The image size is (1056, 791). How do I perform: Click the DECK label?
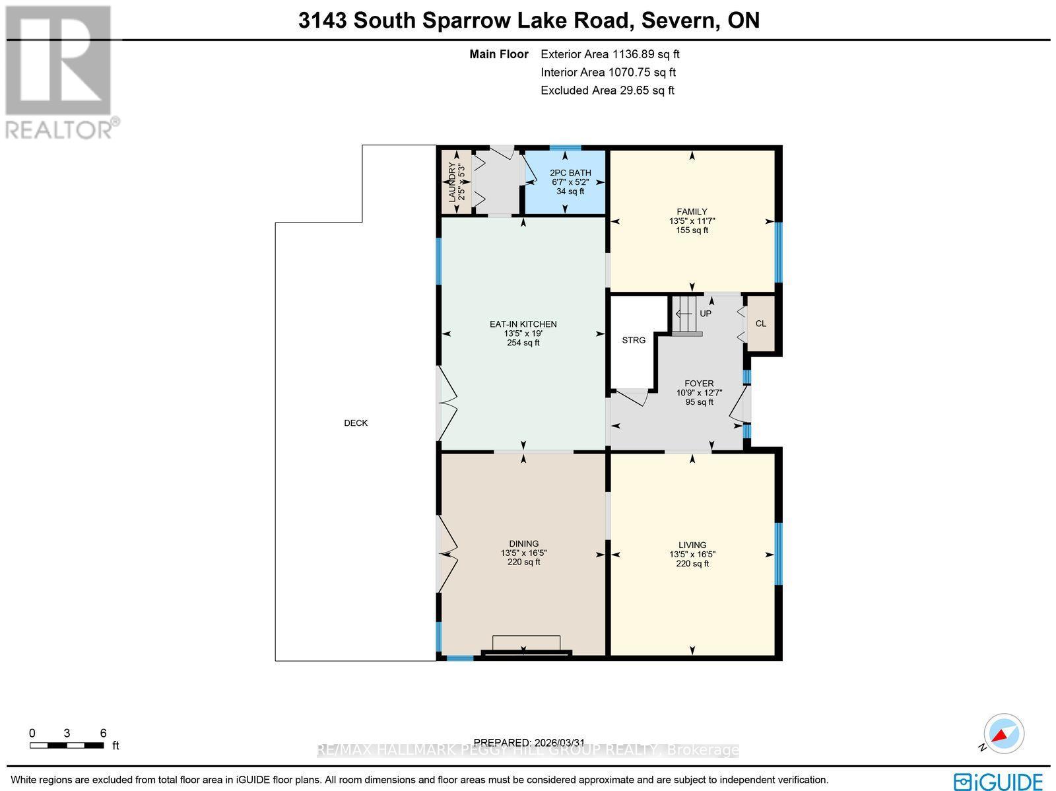pyautogui.click(x=356, y=423)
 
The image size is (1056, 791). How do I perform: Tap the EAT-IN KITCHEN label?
pyautogui.click(x=523, y=324)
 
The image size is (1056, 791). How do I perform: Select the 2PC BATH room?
pyautogui.click(x=566, y=182)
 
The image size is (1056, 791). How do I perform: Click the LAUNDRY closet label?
pyautogui.click(x=456, y=182)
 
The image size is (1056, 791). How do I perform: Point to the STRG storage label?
pyautogui.click(x=634, y=340)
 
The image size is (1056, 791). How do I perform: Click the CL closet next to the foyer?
pyautogui.click(x=760, y=324)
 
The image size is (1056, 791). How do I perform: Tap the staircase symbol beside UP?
pyautogui.click(x=685, y=315)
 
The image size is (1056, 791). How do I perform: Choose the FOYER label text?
pyautogui.click(x=699, y=384)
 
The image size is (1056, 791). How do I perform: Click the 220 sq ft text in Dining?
pyautogui.click(x=523, y=563)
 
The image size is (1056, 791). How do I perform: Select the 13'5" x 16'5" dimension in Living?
pyautogui.click(x=692, y=555)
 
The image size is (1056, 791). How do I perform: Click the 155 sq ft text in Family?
pyautogui.click(x=692, y=230)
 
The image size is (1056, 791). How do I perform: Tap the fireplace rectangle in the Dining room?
pyautogui.click(x=527, y=643)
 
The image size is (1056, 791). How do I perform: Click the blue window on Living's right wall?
pyautogui.click(x=778, y=553)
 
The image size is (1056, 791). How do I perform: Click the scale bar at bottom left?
pyautogui.click(x=67, y=745)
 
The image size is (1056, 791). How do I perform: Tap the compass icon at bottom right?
pyautogui.click(x=1003, y=734)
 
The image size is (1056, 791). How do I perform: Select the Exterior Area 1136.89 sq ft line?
pyautogui.click(x=610, y=55)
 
